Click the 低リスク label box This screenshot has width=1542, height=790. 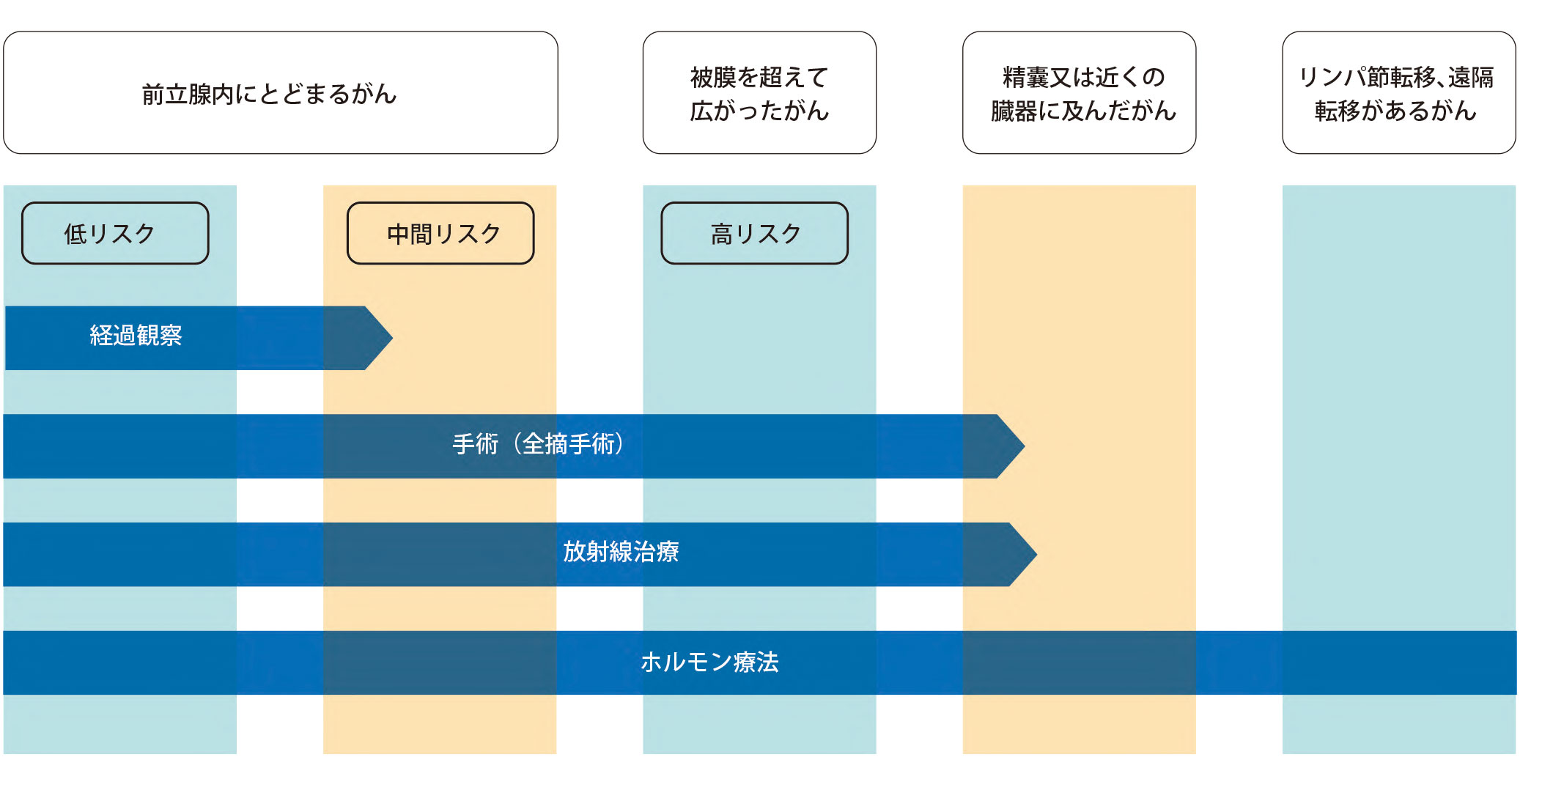[x=115, y=233]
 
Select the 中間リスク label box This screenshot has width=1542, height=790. [x=440, y=233]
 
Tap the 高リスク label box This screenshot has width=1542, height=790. [x=754, y=233]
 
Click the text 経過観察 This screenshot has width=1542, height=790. [x=136, y=336]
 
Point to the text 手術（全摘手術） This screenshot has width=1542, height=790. [x=538, y=444]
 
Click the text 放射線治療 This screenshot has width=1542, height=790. [x=621, y=552]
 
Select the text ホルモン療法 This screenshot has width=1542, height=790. [x=709, y=662]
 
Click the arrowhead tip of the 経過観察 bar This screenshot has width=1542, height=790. [x=393, y=338]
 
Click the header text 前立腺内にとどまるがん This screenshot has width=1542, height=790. [x=269, y=94]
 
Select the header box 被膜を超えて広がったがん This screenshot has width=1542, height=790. [x=759, y=92]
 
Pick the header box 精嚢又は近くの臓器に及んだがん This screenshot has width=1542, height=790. [x=1079, y=92]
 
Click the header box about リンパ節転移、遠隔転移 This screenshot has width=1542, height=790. [x=1398, y=92]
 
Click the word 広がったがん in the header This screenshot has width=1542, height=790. [x=759, y=111]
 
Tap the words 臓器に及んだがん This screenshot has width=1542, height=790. [x=1083, y=111]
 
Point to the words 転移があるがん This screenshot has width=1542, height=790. [x=1395, y=111]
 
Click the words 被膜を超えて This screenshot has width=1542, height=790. [x=759, y=77]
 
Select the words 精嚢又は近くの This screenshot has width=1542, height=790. [x=1083, y=77]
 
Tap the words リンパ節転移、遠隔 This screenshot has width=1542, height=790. [x=1395, y=77]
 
